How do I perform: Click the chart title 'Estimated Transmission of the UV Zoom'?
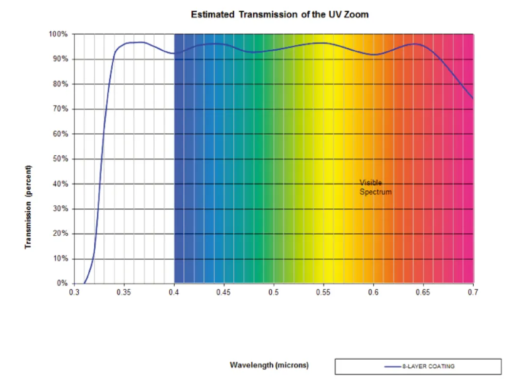(280, 14)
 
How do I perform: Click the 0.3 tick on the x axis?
(74, 292)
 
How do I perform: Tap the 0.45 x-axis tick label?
(224, 292)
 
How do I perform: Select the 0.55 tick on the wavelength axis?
(323, 292)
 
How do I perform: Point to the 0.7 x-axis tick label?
(473, 292)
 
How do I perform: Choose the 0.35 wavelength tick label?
(124, 292)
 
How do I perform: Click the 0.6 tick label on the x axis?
(373, 292)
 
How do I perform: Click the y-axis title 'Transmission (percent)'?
(29, 206)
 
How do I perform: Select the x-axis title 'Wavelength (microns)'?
(269, 365)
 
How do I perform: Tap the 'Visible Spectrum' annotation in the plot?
(375, 187)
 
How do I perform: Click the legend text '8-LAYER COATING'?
(428, 366)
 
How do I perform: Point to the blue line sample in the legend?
(393, 366)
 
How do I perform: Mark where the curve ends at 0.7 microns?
(473, 99)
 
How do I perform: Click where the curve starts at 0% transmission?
(84, 283)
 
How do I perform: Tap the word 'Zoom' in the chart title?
(357, 14)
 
